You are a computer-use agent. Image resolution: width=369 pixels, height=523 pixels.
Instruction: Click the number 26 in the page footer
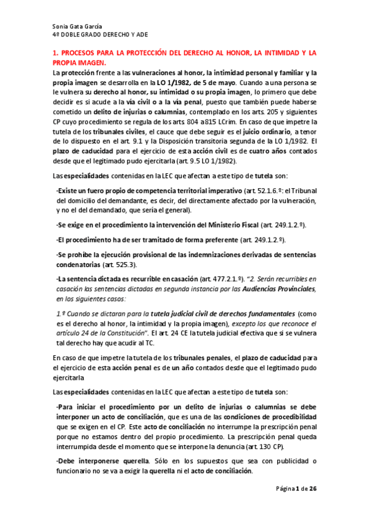pyautogui.click(x=312, y=506)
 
